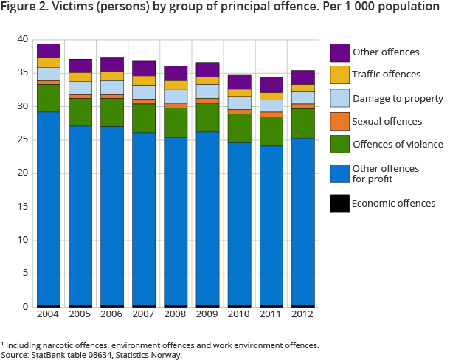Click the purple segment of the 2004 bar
click(49, 51)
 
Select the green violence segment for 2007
click(145, 118)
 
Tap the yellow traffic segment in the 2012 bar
click(303, 89)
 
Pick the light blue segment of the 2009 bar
click(208, 91)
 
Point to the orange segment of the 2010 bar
click(240, 111)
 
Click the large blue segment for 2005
click(80, 214)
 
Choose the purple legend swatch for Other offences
click(340, 52)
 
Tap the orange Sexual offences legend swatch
click(340, 121)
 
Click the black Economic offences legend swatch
click(340, 203)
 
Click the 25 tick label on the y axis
click(22, 139)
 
